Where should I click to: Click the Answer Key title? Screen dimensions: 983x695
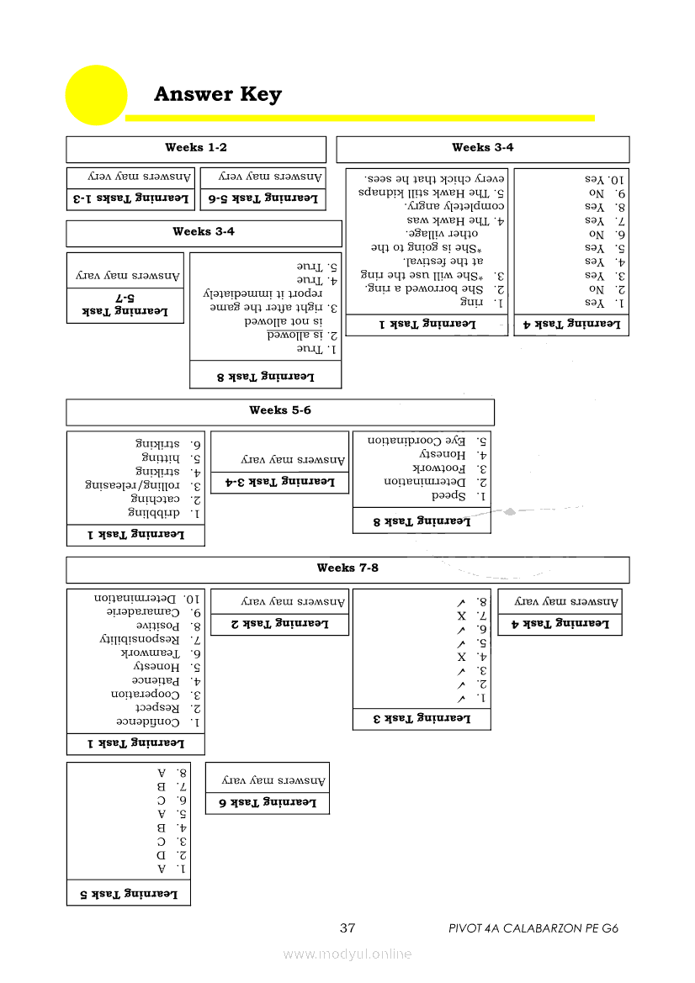(218, 94)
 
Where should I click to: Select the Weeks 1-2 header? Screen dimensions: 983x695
(196, 148)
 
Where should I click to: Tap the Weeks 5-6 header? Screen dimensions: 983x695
(280, 410)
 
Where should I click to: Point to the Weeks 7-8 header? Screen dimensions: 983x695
(347, 568)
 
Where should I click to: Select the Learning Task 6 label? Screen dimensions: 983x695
(268, 803)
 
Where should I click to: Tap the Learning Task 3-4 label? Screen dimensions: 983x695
(279, 482)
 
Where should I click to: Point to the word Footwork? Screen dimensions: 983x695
(438, 468)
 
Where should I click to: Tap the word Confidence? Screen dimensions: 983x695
(147, 722)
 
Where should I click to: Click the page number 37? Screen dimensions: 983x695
(347, 929)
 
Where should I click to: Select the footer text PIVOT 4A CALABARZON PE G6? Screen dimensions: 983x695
(534, 929)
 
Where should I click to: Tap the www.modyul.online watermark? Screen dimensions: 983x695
(347, 954)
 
